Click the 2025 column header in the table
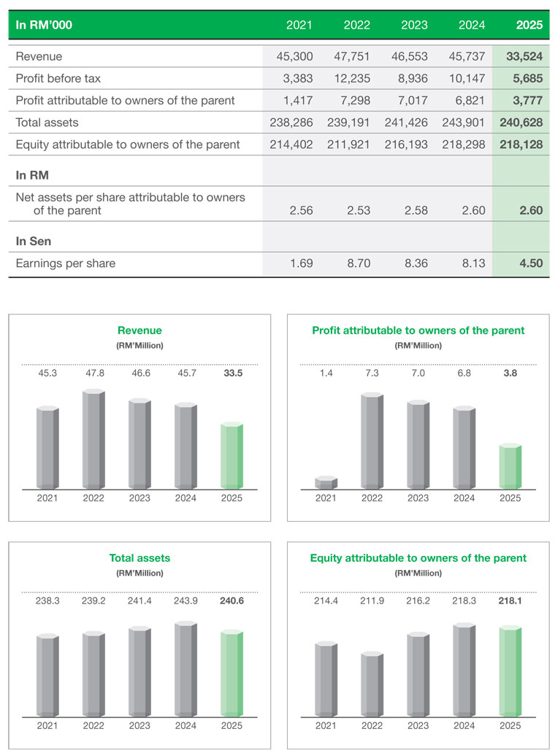click(x=529, y=25)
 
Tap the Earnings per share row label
click(x=66, y=263)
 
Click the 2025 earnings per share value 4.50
click(x=530, y=263)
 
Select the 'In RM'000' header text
click(x=44, y=25)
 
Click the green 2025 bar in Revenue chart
click(x=231, y=456)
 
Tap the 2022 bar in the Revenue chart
click(x=93, y=440)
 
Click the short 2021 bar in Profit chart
click(x=326, y=483)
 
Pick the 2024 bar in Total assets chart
click(x=185, y=669)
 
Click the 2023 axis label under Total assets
click(x=139, y=725)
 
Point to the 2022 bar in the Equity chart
click(x=372, y=684)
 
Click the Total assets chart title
click(x=139, y=558)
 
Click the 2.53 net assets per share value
click(x=359, y=210)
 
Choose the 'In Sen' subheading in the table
click(x=33, y=241)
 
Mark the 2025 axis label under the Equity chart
click(x=510, y=725)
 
